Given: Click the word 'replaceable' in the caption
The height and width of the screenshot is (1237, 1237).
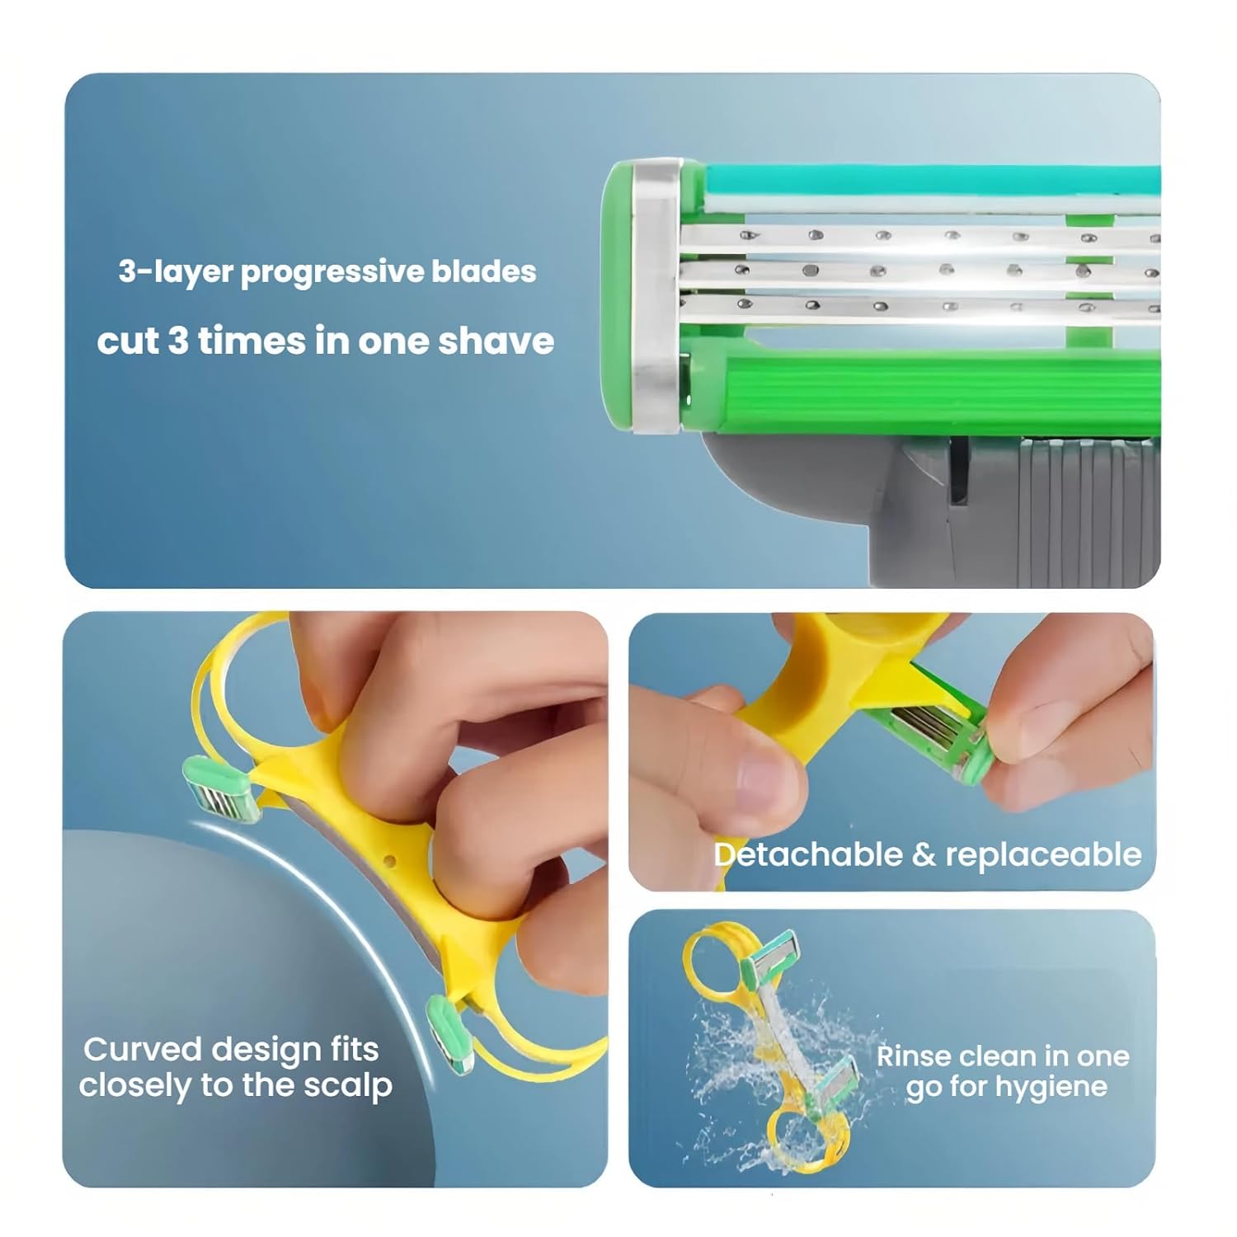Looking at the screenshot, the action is point(1043,855).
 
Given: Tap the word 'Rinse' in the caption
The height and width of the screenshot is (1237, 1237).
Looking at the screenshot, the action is point(914,1056).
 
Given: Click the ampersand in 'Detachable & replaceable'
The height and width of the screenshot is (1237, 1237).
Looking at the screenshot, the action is point(924,855).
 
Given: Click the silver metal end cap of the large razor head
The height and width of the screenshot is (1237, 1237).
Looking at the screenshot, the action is point(656,295).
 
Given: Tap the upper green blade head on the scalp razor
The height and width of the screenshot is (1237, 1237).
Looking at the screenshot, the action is point(221,791).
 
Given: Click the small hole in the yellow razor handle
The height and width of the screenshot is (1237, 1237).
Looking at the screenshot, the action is point(391,861).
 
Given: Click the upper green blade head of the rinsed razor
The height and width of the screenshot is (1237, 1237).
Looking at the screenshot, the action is point(770,961).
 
